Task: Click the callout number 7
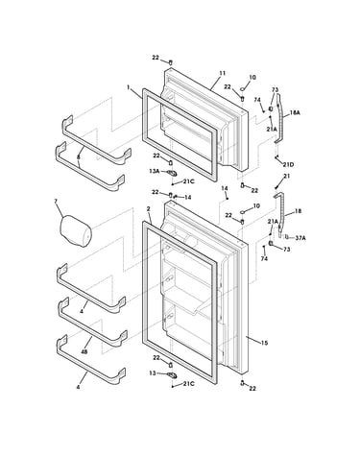(56, 201)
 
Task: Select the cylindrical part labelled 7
(76, 231)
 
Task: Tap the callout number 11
(223, 73)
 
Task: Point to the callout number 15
(264, 344)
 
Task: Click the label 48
(84, 351)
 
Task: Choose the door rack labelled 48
(92, 322)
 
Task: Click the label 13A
(155, 171)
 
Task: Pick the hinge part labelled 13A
(173, 174)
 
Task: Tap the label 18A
(295, 112)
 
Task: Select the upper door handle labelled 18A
(278, 118)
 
